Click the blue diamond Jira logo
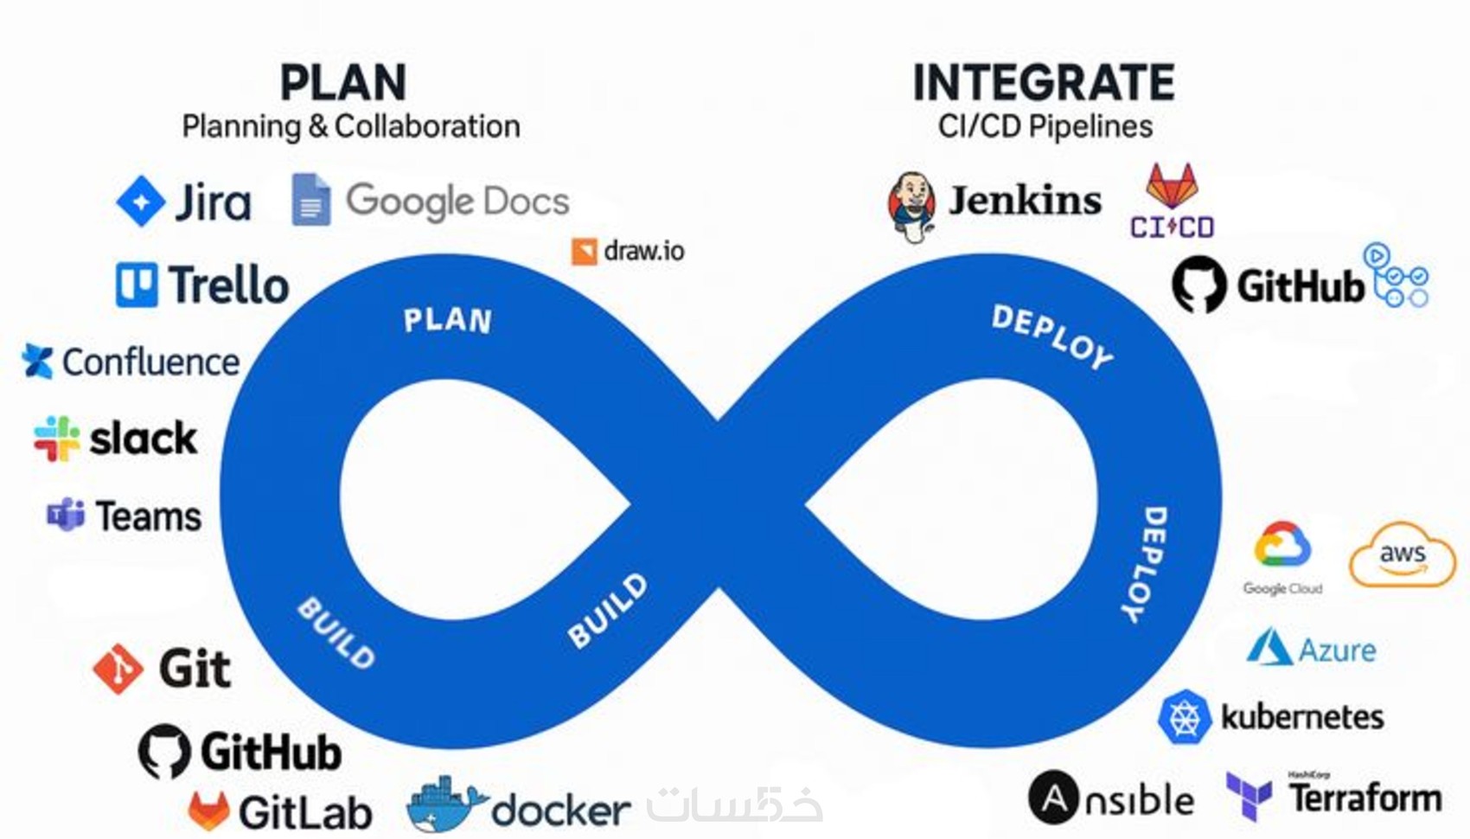point(141,201)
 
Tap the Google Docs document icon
point(311,200)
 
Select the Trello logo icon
point(137,285)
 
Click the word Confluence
point(151,362)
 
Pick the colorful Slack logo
point(57,439)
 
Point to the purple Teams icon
point(66,515)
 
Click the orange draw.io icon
point(585,252)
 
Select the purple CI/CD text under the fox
point(1172,227)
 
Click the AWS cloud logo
point(1402,555)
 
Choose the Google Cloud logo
point(1282,545)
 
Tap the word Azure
point(1337,650)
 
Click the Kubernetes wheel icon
point(1184,717)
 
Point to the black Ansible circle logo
point(1053,797)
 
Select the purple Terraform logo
point(1249,796)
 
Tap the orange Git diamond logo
point(118,669)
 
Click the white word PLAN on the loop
point(448,321)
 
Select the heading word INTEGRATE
point(1044,83)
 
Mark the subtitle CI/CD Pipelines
point(1045,127)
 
